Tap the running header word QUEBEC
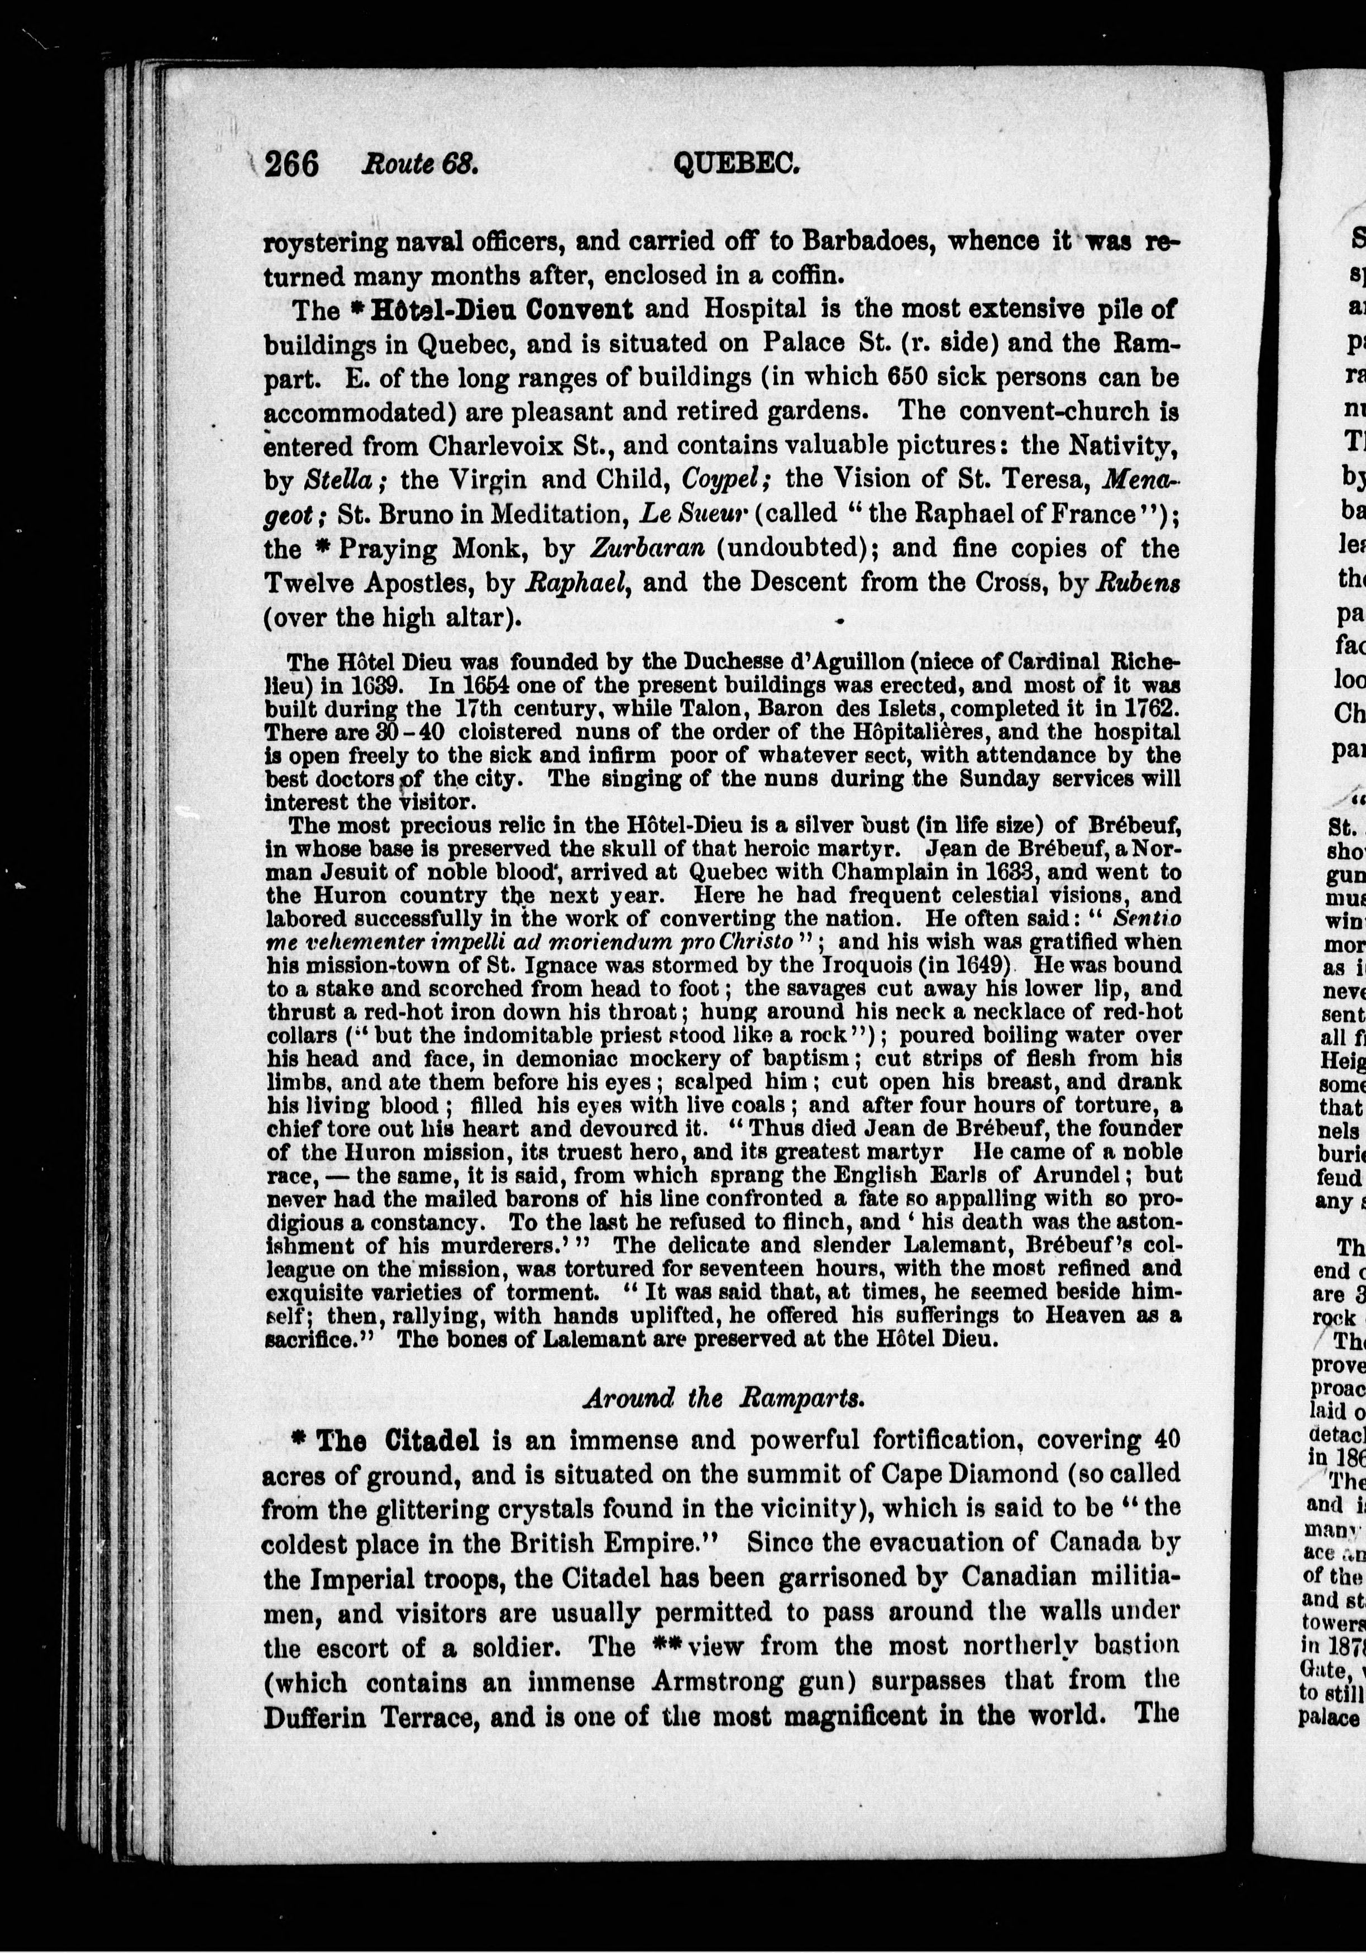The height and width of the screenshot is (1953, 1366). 737,161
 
